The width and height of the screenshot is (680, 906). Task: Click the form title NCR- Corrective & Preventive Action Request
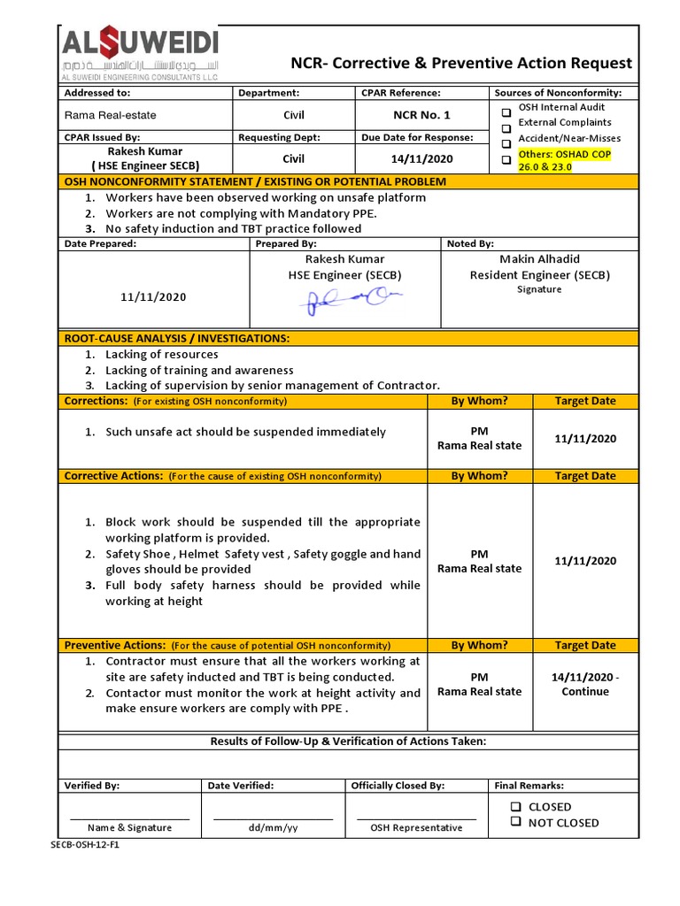pos(461,63)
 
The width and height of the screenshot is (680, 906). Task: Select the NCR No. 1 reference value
pos(421,115)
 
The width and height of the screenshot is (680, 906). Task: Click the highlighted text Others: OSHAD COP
pos(564,154)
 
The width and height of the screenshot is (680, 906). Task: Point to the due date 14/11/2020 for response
pos(421,159)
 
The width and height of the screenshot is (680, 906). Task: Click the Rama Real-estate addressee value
pos(104,115)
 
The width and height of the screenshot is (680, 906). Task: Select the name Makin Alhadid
pos(539,259)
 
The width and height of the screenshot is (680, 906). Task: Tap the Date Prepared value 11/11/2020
pos(154,297)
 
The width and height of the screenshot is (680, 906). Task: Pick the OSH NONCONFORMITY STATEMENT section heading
pos(255,181)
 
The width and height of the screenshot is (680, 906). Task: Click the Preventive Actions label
pos(115,646)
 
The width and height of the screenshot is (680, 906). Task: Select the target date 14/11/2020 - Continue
pos(584,684)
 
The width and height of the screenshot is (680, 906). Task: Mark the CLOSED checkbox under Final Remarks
pos(515,807)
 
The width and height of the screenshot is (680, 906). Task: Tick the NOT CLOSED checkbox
pos(515,823)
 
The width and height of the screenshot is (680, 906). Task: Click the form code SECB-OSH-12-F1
pos(85,845)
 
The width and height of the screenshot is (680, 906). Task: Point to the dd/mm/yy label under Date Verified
pos(273,828)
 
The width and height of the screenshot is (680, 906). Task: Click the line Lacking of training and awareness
pos(199,370)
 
